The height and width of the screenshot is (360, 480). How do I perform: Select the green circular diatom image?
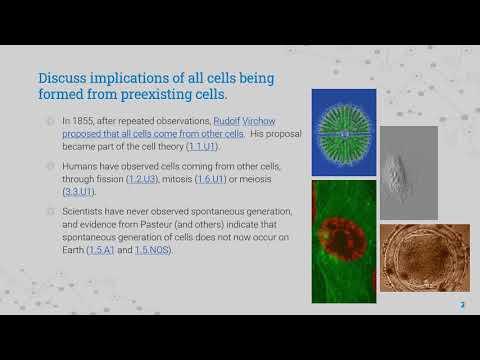(343, 133)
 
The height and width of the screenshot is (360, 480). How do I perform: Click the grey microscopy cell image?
(408, 172)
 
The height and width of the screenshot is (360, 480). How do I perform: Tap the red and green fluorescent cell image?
(343, 241)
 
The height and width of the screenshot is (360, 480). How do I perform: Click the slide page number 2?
(461, 304)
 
